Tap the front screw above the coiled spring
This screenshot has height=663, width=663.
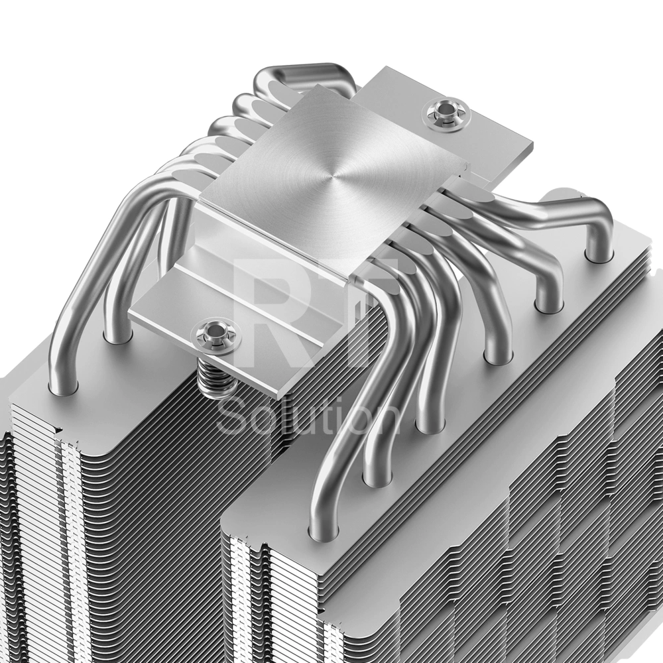(x=216, y=332)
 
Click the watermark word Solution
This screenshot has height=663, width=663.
(x=308, y=417)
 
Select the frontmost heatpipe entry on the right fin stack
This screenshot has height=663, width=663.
(x=324, y=527)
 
